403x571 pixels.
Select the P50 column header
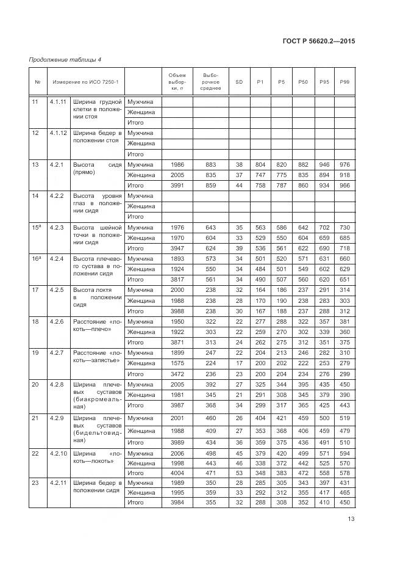pyautogui.click(x=302, y=81)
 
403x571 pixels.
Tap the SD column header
pyautogui.click(x=238, y=81)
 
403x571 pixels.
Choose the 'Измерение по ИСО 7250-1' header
pyautogui.click(x=86, y=81)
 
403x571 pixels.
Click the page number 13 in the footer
pyautogui.click(x=351, y=519)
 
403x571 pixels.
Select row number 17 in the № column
pyautogui.click(x=35, y=290)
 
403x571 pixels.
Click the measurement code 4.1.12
pyautogui.click(x=60, y=133)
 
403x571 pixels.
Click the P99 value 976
pyautogui.click(x=344, y=164)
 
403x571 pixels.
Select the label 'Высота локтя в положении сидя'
pyautogui.click(x=98, y=297)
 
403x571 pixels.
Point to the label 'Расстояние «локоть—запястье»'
pyautogui.click(x=98, y=357)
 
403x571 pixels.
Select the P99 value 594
pyautogui.click(x=344, y=453)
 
